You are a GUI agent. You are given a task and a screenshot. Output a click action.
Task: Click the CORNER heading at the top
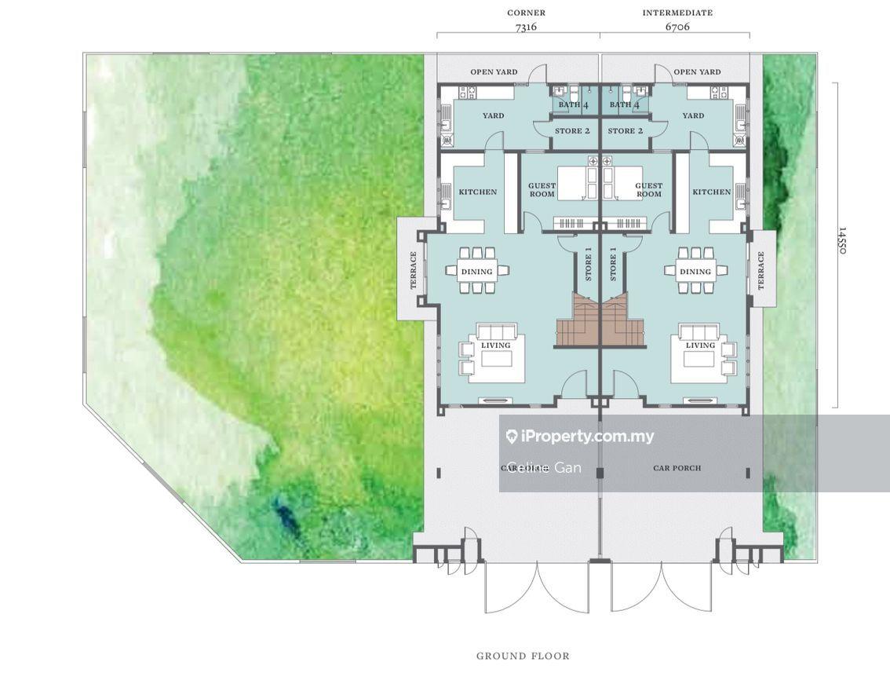[526, 13]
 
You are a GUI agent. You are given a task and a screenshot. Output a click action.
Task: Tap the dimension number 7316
[526, 27]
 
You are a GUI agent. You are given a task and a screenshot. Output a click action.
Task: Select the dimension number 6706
[677, 27]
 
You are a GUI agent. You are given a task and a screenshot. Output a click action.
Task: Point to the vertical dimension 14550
[842, 240]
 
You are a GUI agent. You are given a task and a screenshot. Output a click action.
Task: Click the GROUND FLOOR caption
[523, 656]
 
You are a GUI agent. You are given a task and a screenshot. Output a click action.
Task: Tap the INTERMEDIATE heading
[677, 13]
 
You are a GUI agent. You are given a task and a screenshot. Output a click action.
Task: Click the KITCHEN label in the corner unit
[478, 192]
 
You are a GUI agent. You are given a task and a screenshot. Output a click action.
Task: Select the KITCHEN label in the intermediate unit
[712, 192]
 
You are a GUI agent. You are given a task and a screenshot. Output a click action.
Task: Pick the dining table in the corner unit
[477, 271]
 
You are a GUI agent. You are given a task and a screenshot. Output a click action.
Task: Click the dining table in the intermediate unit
[695, 271]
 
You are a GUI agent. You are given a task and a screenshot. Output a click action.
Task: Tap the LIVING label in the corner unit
[495, 345]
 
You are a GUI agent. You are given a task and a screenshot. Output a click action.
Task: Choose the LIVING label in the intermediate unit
[700, 345]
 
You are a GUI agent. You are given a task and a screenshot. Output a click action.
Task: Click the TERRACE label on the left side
[414, 270]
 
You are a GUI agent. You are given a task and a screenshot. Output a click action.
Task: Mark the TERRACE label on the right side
[761, 270]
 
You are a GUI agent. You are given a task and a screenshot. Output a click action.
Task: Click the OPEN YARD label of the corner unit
[494, 72]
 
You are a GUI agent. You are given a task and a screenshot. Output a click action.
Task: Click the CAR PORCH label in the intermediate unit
[677, 468]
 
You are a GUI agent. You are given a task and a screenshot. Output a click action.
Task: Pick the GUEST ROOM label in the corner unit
[542, 190]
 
